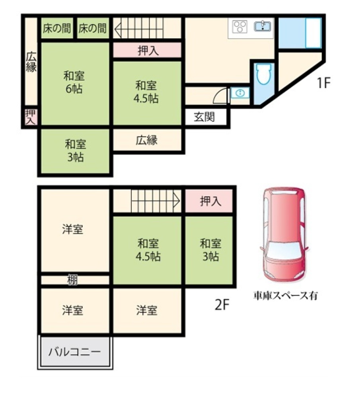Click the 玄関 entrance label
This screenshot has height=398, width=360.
[x=204, y=117]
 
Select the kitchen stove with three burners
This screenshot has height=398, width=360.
[x=240, y=26]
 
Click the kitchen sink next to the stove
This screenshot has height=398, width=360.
[x=262, y=26]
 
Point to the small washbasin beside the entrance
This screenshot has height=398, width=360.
[x=240, y=93]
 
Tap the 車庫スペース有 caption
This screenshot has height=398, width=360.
[x=285, y=295]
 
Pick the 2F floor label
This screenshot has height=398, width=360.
[x=222, y=304]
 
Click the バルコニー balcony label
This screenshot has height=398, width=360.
[x=75, y=352]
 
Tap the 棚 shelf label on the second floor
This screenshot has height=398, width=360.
[x=72, y=280]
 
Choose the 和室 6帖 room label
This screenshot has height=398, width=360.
[x=74, y=82]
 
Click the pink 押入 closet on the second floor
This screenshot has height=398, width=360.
[x=209, y=201]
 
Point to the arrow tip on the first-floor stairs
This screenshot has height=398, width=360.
[x=115, y=29]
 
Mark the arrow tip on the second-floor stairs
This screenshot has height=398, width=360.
[x=180, y=201]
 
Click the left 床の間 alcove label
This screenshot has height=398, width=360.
[x=56, y=28]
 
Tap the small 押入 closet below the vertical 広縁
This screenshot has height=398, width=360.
[x=31, y=117]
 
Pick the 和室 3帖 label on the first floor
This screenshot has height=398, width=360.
[x=75, y=150]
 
